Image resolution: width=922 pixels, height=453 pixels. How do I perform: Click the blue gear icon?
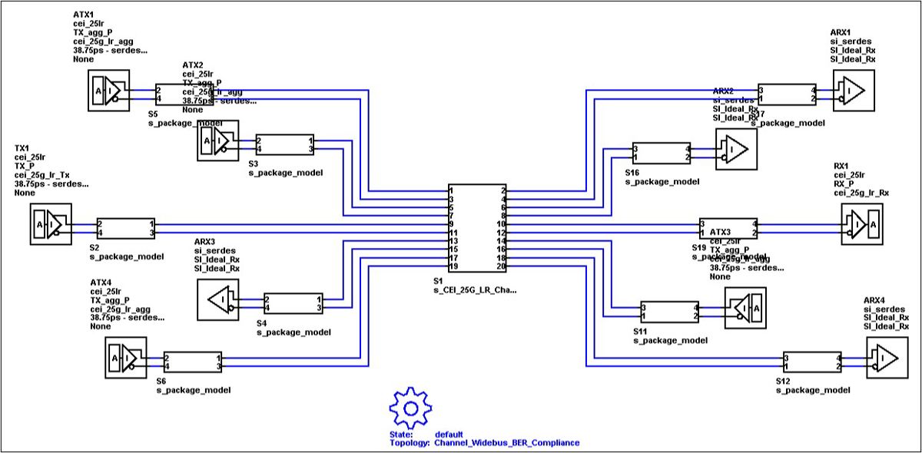click(x=408, y=406)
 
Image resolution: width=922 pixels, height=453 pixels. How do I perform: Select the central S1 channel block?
click(x=478, y=227)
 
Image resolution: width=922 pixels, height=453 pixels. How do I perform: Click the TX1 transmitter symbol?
click(x=51, y=224)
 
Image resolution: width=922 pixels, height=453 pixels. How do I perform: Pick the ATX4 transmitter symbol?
click(x=124, y=358)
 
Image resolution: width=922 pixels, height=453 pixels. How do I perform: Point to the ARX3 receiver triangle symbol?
click(x=218, y=299)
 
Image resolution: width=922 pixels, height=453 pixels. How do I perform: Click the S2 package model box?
click(x=125, y=228)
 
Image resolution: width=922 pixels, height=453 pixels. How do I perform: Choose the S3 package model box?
click(x=284, y=144)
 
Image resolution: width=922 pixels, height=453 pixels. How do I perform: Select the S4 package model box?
click(x=292, y=303)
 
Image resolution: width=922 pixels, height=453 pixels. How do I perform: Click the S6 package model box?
click(x=192, y=362)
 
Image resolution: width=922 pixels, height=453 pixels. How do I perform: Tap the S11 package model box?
click(x=669, y=311)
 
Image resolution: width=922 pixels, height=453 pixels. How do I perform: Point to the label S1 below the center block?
click(x=438, y=281)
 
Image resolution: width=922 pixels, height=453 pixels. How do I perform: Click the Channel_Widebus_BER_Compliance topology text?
click(x=506, y=443)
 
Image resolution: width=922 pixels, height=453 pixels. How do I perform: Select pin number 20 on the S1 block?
click(x=501, y=266)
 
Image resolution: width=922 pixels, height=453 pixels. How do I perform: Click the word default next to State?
click(x=449, y=434)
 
